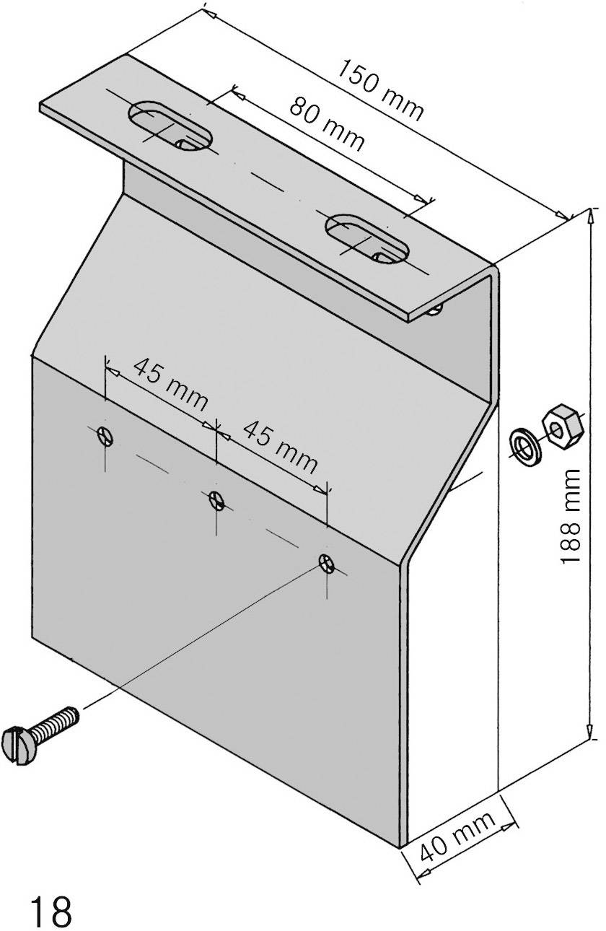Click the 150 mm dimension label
pyautogui.click(x=379, y=89)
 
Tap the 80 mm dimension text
pyautogui.click(x=327, y=124)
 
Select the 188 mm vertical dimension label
pyautogui.click(x=569, y=516)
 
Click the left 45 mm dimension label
pyautogui.click(x=171, y=385)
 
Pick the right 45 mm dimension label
pyautogui.click(x=281, y=447)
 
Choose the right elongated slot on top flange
pyautogui.click(x=367, y=239)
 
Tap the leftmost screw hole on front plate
pyautogui.click(x=106, y=437)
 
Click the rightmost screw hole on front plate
pyautogui.click(x=328, y=563)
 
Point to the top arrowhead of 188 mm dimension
pyautogui.click(x=591, y=217)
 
